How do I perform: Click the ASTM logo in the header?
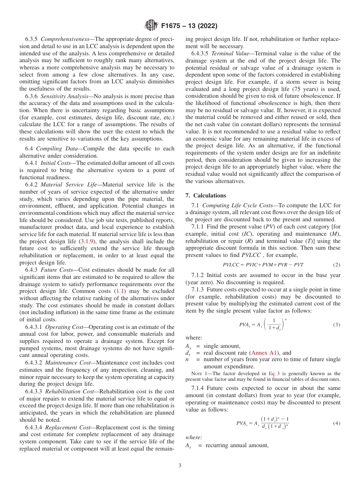(x=151, y=26)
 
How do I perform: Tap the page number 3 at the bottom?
(x=180, y=465)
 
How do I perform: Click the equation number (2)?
(x=336, y=264)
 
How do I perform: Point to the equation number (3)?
(x=336, y=325)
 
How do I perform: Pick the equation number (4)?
(x=336, y=423)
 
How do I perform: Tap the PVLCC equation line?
(x=263, y=264)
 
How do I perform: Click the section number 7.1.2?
(x=198, y=275)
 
